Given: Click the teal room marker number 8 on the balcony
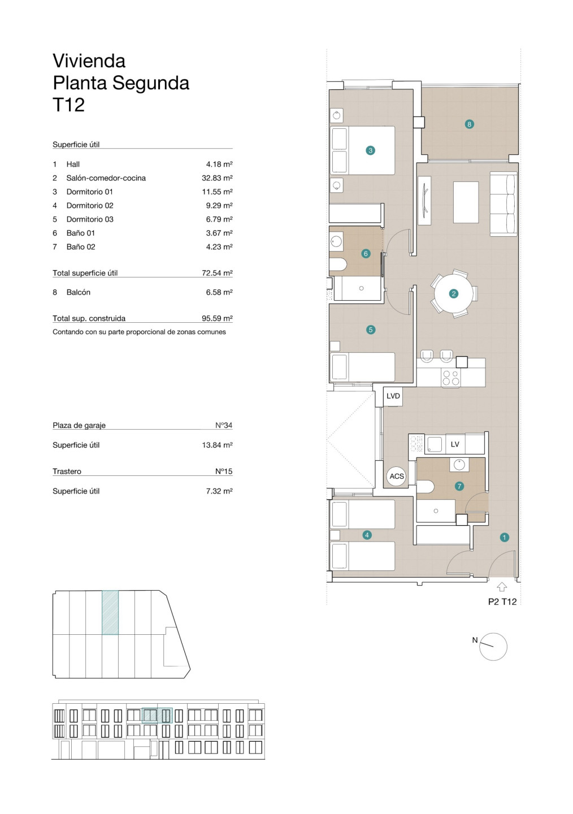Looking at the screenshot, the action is pos(469,124).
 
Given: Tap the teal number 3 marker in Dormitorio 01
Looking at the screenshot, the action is pos(370,150).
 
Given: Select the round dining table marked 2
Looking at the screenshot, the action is pos(454,293).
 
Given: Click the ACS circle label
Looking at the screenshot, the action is pos(397,476).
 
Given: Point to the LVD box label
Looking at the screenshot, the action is pos(393,396).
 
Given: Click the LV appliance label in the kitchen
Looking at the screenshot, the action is pos(454,444).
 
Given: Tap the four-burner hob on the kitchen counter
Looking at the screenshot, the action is pos(450,378).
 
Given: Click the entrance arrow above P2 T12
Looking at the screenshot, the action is pos(502,587).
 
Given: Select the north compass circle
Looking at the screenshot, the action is pos(493,647).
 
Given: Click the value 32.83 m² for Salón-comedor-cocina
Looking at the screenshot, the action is pos(217,177).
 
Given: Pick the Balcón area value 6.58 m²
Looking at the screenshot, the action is pos(219,292).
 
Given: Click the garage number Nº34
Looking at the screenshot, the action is pos(223,425).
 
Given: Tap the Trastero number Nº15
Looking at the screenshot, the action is pos(223,471).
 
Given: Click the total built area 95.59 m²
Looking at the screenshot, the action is pos(217,318).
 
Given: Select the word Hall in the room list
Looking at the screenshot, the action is pos(73,164).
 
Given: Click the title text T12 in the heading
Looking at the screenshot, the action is pos(69,105).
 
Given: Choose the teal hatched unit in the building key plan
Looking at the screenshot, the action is pos(110,613).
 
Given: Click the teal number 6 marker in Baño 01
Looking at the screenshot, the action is pos(366,254).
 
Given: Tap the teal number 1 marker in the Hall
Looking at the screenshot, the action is pos(504,537).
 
